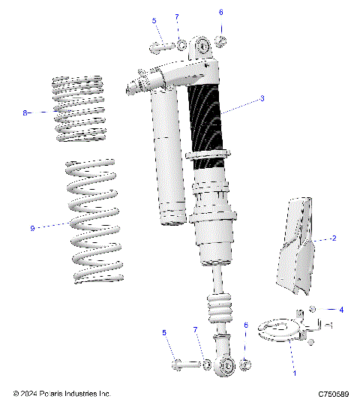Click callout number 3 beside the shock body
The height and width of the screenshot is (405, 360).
(x=262, y=98)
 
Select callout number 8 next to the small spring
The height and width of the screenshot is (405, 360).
(x=25, y=112)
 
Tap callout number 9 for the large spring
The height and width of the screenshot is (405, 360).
(x=32, y=228)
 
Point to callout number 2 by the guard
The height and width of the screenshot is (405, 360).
(x=333, y=238)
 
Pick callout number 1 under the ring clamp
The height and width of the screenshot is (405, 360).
(x=294, y=373)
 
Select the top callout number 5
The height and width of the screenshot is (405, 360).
(x=154, y=21)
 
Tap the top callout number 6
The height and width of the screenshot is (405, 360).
(x=220, y=13)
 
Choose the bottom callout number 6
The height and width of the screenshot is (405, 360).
(x=245, y=325)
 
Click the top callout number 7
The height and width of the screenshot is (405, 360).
(x=177, y=17)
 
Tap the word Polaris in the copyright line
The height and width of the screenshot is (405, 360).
(x=51, y=393)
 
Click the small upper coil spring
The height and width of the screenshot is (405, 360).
(x=80, y=109)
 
